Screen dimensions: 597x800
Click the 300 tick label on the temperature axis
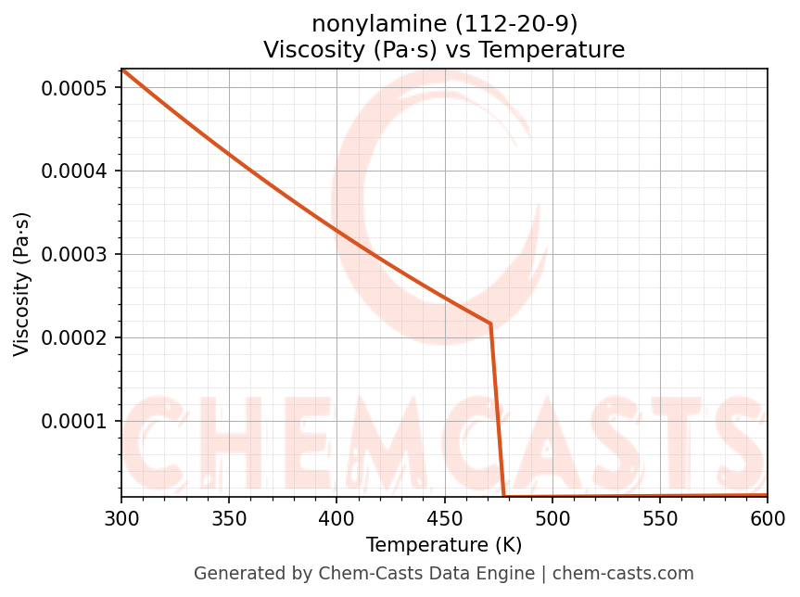[121, 517]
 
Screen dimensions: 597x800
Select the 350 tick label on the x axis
[229, 517]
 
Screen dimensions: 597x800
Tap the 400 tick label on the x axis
[337, 517]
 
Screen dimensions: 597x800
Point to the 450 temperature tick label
[444, 517]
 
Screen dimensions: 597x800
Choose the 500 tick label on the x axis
[552, 517]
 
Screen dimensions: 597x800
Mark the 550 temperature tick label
[660, 517]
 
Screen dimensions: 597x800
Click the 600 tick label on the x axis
[768, 517]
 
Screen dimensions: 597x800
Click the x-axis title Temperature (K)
[444, 545]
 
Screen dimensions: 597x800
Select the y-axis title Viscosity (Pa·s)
[22, 284]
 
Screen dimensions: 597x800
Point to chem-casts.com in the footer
[636, 574]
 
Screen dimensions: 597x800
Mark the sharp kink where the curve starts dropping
[490, 324]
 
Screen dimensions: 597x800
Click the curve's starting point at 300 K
[121, 70]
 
